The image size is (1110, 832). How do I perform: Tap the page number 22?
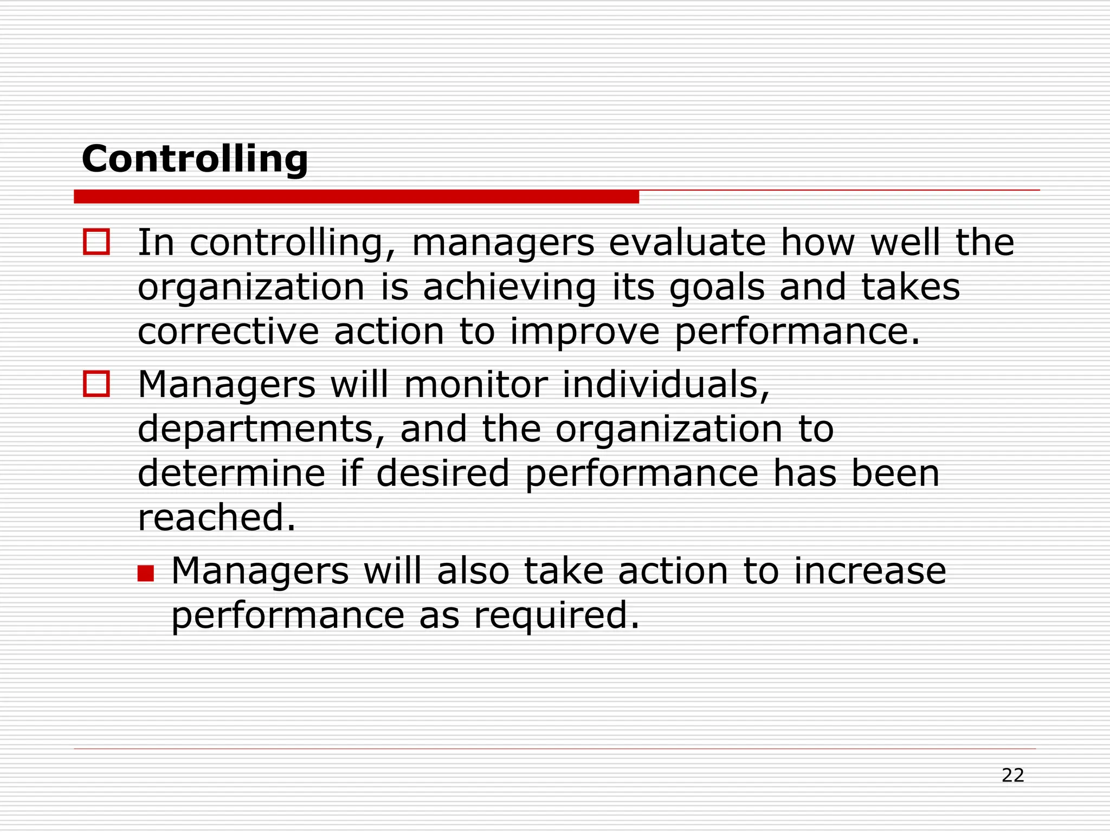pyautogui.click(x=1012, y=776)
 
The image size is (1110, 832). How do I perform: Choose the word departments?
pyautogui.click(x=261, y=430)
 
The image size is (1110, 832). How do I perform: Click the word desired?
pyautogui.click(x=443, y=473)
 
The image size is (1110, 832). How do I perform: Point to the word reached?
pyautogui.click(x=217, y=517)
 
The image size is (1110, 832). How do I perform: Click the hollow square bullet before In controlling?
pyautogui.click(x=96, y=242)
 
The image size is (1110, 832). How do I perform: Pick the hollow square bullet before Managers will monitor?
pyautogui.click(x=96, y=384)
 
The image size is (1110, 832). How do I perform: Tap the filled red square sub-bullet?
pyautogui.click(x=146, y=573)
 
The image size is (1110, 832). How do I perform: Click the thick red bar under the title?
pyautogui.click(x=356, y=197)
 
